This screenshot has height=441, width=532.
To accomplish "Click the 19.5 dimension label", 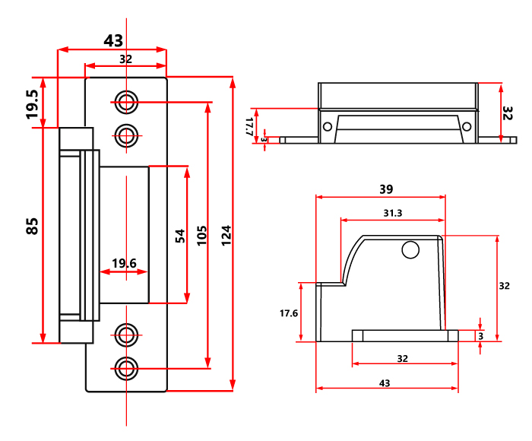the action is click(33, 104).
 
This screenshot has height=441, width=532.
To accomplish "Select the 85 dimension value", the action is click(32, 227).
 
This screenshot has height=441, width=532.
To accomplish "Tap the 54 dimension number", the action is click(180, 236).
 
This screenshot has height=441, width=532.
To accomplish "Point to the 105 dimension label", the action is click(202, 235).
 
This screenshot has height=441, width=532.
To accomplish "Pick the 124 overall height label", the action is click(226, 235).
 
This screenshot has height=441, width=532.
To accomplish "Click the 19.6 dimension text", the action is click(124, 263).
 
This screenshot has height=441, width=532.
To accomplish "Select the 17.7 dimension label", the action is click(249, 126).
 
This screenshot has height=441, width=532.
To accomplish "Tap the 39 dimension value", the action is click(386, 189).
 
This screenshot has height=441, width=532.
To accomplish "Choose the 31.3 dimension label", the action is click(393, 213).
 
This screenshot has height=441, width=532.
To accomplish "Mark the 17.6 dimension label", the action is click(289, 313).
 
